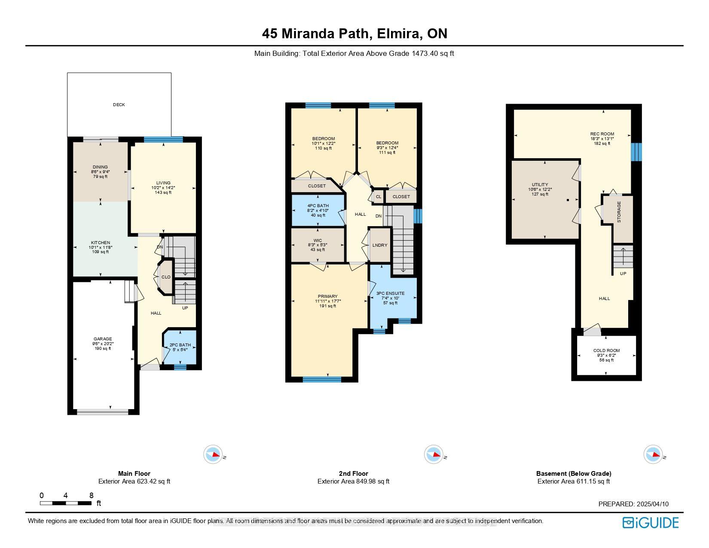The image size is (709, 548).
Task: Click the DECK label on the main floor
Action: pyautogui.click(x=119, y=105)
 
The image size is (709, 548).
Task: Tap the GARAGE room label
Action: pyautogui.click(x=103, y=339)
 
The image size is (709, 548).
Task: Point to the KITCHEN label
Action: pyautogui.click(x=101, y=243)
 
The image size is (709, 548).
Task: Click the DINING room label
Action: pyautogui.click(x=100, y=167)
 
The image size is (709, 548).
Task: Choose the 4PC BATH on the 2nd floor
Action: pyautogui.click(x=318, y=206)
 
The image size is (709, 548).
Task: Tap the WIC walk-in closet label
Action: pyautogui.click(x=318, y=241)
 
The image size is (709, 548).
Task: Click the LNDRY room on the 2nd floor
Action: pyautogui.click(x=380, y=245)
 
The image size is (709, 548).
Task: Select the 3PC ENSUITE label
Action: pyautogui.click(x=390, y=294)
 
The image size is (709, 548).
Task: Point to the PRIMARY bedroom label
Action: pyautogui.click(x=327, y=297)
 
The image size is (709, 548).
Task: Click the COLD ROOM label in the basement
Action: pyautogui.click(x=606, y=351)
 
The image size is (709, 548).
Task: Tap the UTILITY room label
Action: pyautogui.click(x=540, y=185)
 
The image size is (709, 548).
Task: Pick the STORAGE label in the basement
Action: pyautogui.click(x=619, y=212)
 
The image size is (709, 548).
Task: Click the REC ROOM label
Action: pyautogui.click(x=602, y=134)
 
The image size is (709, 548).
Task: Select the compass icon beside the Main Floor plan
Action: pyautogui.click(x=213, y=454)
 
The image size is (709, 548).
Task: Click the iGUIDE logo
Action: pyautogui.click(x=651, y=523)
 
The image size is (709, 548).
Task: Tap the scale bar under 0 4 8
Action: pyautogui.click(x=66, y=503)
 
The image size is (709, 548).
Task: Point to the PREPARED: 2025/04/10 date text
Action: pyautogui.click(x=633, y=504)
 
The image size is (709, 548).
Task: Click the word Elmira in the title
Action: pyautogui.click(x=398, y=34)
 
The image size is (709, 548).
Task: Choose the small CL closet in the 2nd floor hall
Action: pyautogui.click(x=379, y=197)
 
